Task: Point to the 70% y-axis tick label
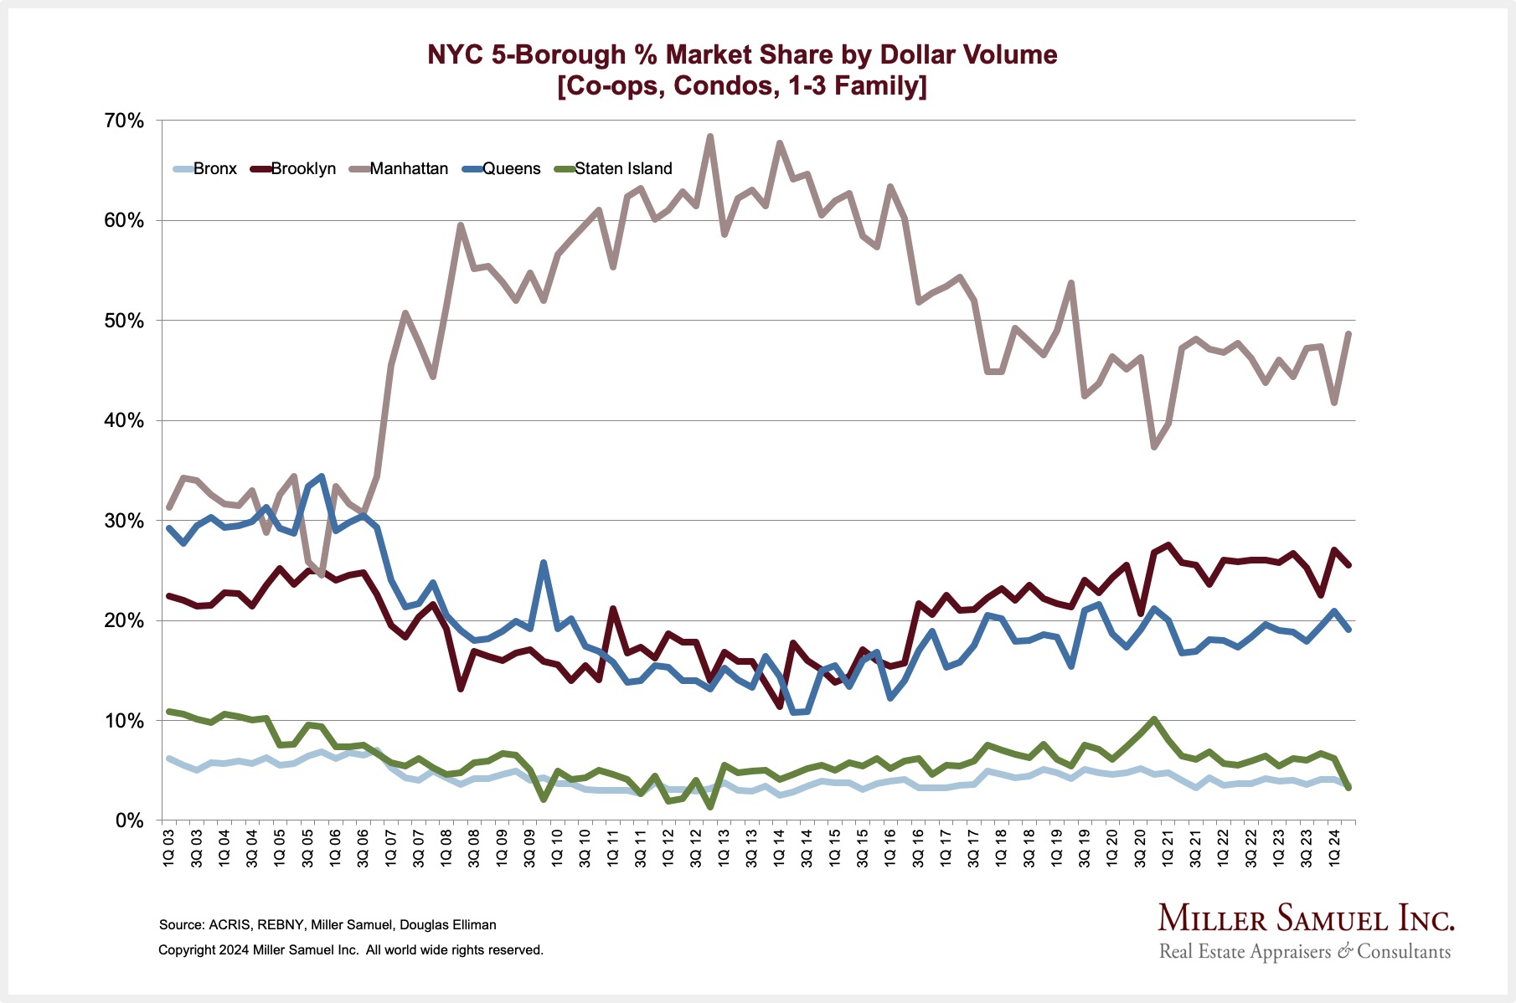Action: pyautogui.click(x=124, y=121)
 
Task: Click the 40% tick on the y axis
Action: pyautogui.click(x=124, y=421)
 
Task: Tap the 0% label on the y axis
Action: pyautogui.click(x=130, y=821)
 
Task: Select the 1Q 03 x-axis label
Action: pyautogui.click(x=169, y=848)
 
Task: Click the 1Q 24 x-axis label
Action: pyautogui.click(x=1335, y=848)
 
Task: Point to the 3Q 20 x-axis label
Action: pyautogui.click(x=1140, y=848)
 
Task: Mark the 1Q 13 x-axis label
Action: pyautogui.click(x=724, y=848)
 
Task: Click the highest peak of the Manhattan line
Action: pyautogui.click(x=710, y=136)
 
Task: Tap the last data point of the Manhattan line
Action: pyautogui.click(x=1348, y=333)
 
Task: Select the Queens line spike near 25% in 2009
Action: pyautogui.click(x=544, y=563)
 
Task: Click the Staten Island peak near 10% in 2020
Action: pyautogui.click(x=1154, y=719)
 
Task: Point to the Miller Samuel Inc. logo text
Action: pyautogui.click(x=1306, y=918)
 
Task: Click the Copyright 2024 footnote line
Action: pyautogui.click(x=351, y=950)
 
